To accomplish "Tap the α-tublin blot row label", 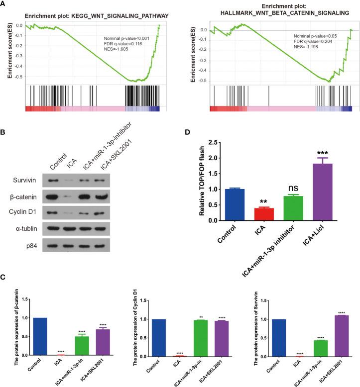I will click(22, 230).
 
